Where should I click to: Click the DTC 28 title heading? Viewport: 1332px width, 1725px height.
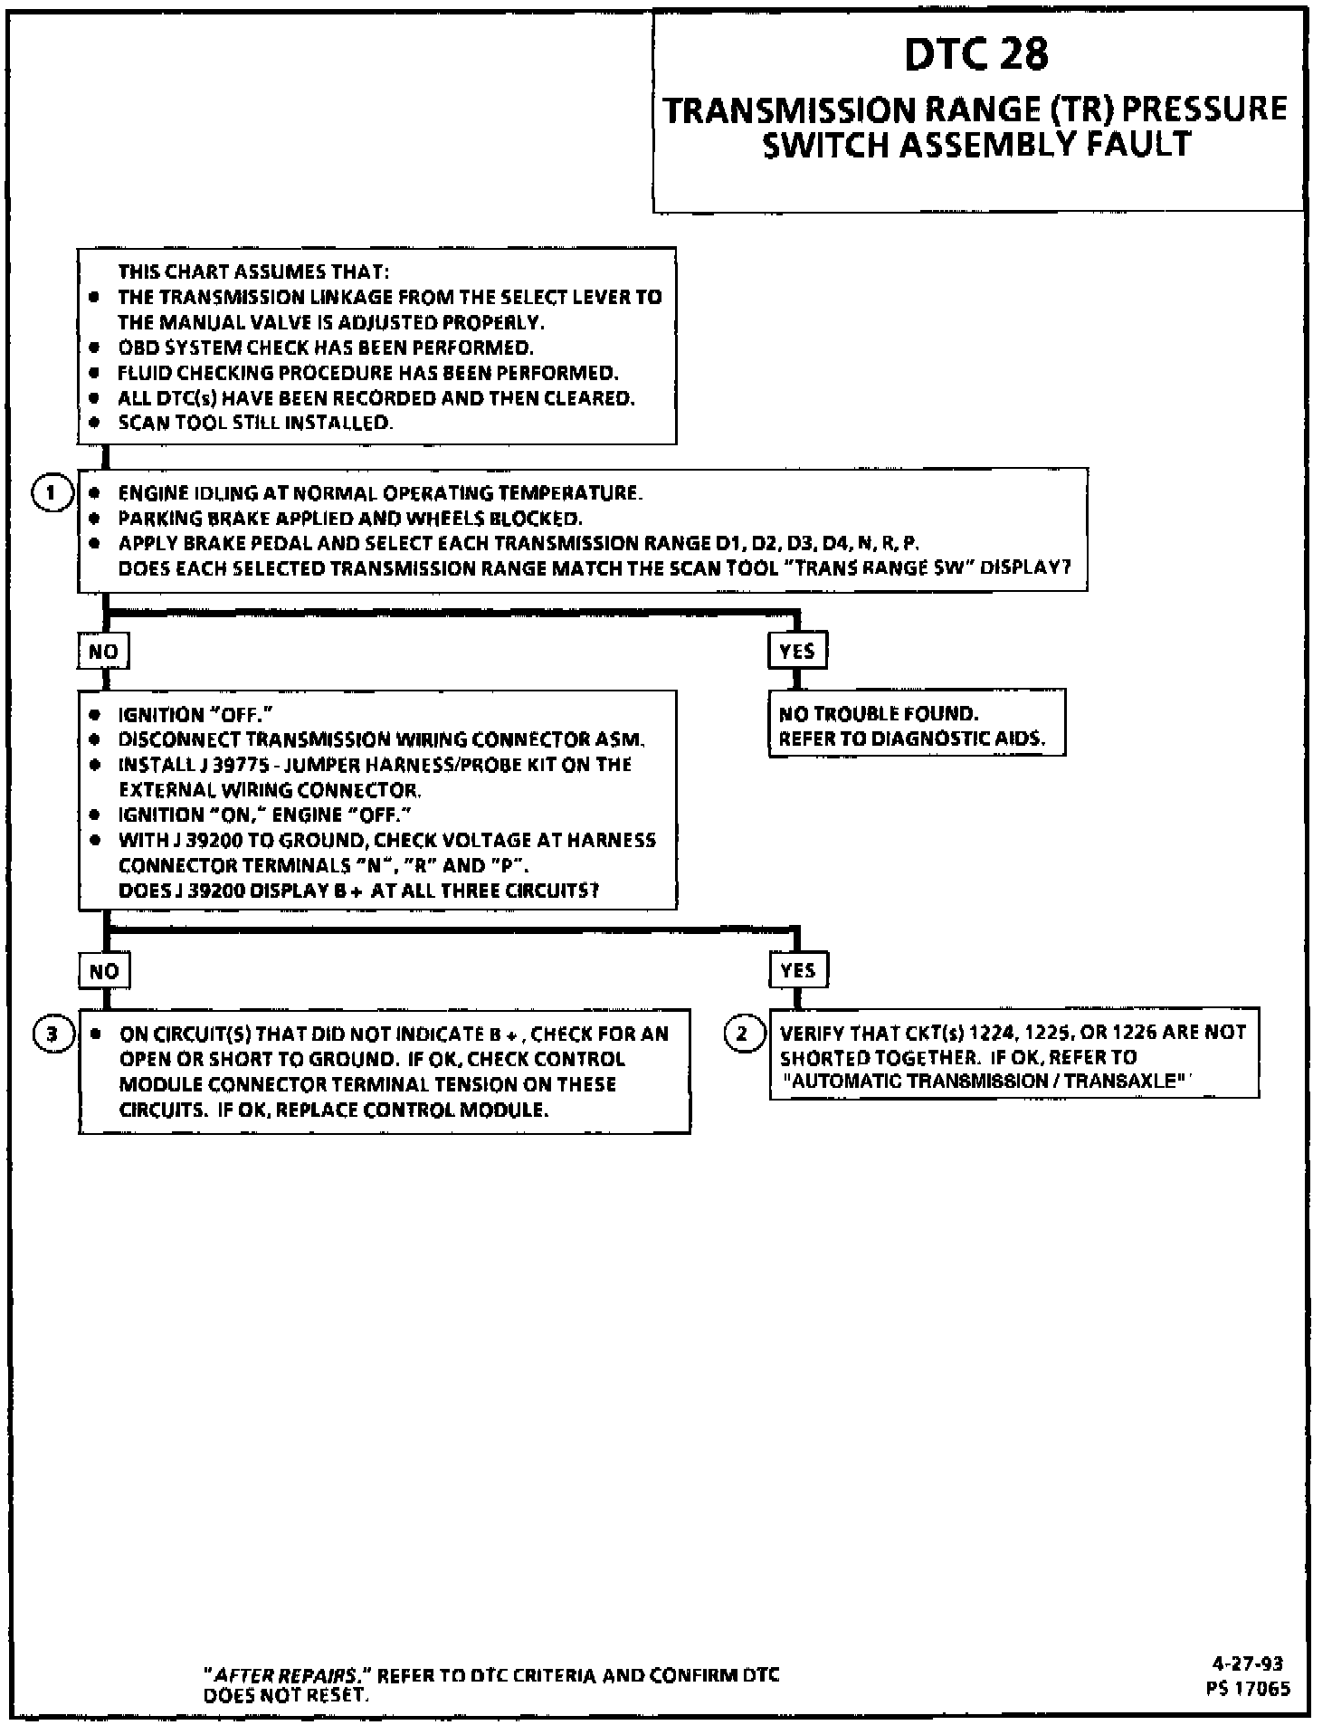976,54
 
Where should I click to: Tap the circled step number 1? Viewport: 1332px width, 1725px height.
51,493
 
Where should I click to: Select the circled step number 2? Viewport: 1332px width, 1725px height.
742,1033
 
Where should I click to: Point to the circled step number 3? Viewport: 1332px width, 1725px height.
52,1034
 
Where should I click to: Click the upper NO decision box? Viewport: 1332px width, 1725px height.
103,652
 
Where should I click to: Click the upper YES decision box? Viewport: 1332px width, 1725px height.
797,651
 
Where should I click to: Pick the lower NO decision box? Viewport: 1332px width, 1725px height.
104,971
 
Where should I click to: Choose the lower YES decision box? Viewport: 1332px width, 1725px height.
797,970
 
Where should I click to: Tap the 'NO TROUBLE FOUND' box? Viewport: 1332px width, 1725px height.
916,725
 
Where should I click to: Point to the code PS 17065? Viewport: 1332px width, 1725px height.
1248,1688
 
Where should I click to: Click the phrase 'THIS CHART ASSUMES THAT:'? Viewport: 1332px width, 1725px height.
254,272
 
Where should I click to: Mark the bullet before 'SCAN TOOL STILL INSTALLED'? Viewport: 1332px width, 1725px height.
94,423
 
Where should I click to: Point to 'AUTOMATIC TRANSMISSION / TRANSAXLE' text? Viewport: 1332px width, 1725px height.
985,1081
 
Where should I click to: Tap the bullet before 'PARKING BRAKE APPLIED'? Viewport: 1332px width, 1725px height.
94,519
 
